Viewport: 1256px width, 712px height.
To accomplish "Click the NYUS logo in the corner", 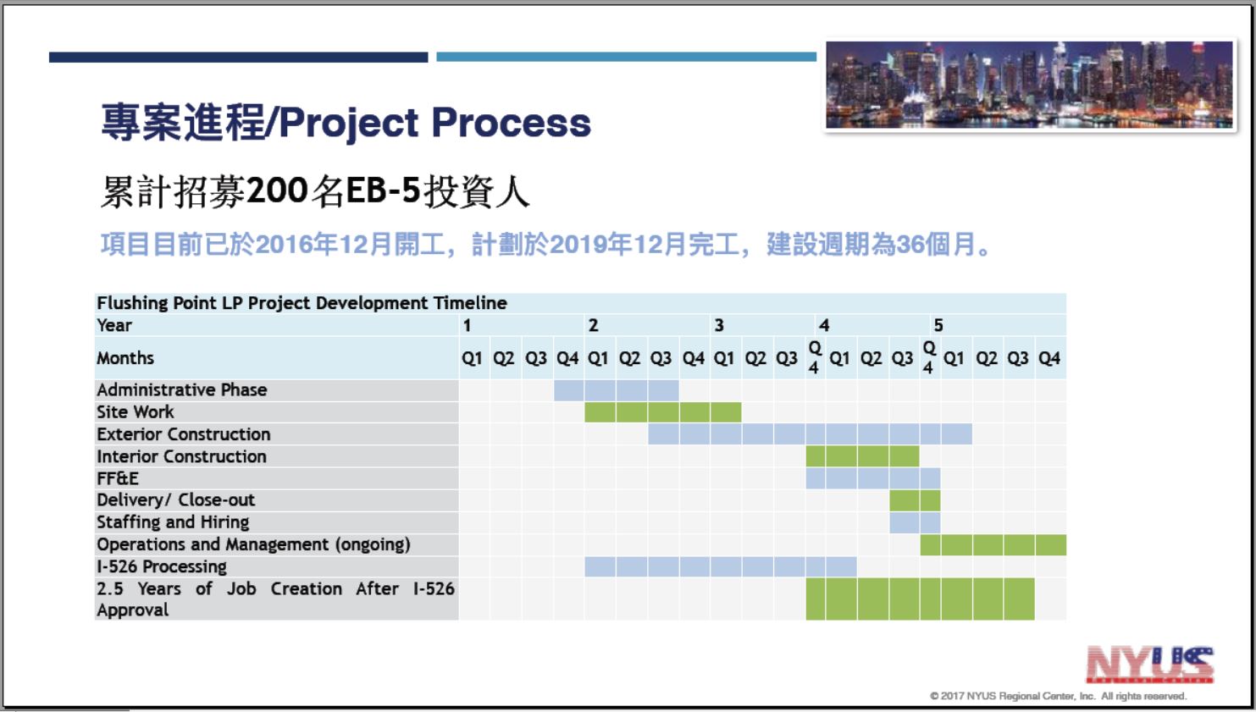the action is click(1150, 665).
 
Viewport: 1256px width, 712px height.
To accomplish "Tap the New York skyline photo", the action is click(1030, 85).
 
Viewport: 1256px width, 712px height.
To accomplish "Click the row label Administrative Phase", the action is click(182, 389).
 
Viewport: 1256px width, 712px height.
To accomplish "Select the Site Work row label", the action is click(136, 412).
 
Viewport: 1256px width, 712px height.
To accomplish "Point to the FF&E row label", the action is click(118, 478).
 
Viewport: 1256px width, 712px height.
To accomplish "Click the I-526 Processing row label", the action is click(162, 566).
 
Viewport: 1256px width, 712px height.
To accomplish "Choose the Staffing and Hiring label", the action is click(173, 522).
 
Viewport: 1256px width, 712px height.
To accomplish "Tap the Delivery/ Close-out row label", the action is click(175, 500).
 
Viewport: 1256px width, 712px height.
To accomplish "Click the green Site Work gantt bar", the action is click(663, 412).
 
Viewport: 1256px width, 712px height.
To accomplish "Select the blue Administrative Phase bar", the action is click(617, 390).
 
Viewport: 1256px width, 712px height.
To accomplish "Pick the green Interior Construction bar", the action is click(862, 456).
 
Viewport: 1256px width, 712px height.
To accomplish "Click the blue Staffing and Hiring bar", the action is click(915, 522).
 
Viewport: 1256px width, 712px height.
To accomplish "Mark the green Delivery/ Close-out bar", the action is click(915, 500).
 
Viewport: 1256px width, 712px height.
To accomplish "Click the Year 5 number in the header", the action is click(938, 325).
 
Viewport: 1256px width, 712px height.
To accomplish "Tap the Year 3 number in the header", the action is click(719, 325).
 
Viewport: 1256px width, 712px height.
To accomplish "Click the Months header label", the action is click(125, 357).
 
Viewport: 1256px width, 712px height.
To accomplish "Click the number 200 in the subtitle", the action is click(277, 190).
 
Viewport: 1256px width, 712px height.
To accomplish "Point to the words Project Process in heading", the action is click(435, 123).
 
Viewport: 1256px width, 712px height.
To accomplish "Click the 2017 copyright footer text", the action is click(1058, 696).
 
